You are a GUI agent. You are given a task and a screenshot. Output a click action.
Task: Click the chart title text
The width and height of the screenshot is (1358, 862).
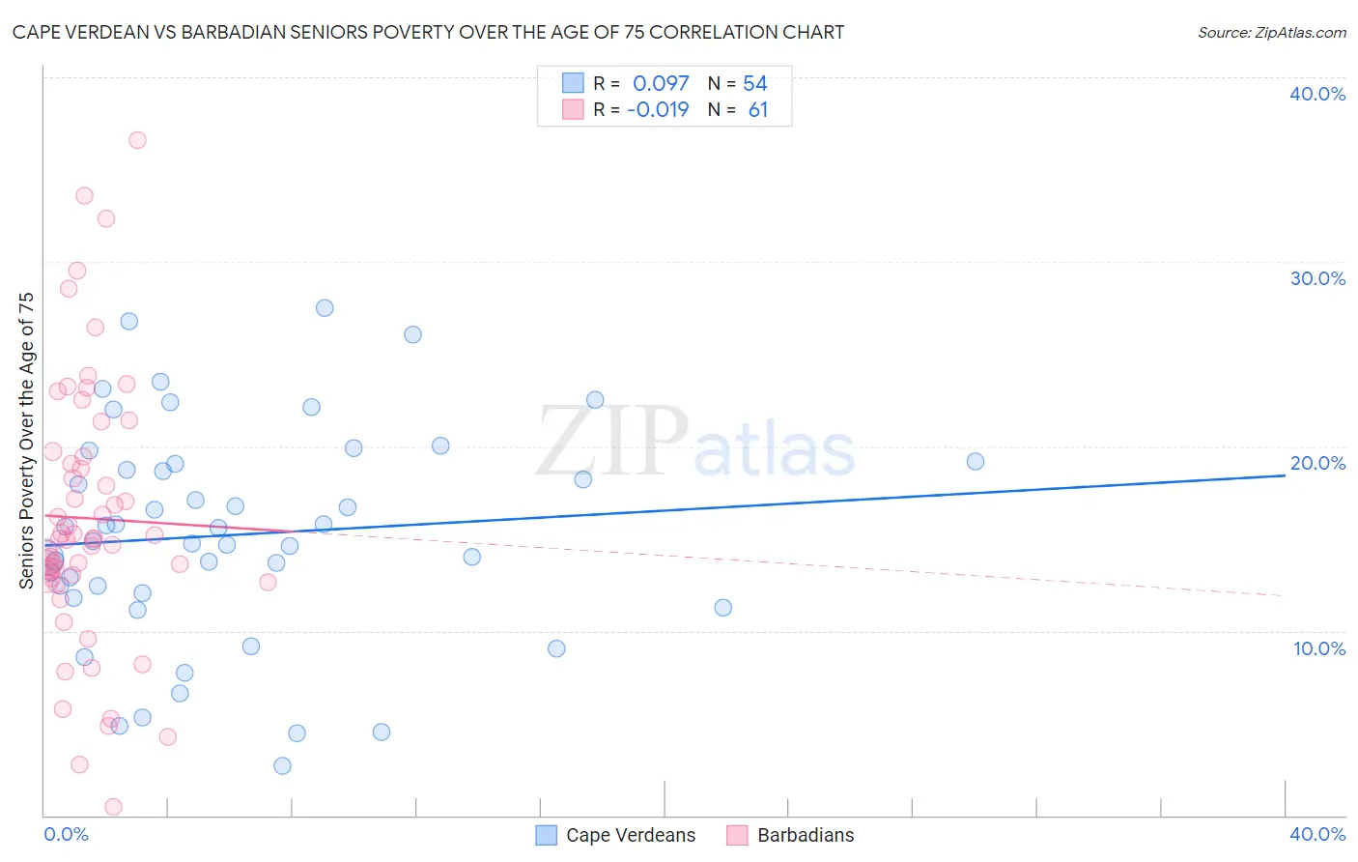pos(428,33)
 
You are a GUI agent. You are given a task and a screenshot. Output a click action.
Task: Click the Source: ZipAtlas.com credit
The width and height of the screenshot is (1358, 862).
pos(1271,33)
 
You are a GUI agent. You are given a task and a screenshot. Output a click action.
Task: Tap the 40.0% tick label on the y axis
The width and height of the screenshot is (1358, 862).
pos(1316,94)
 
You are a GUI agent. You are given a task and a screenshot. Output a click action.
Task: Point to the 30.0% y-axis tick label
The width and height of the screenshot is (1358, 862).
pos(1316,278)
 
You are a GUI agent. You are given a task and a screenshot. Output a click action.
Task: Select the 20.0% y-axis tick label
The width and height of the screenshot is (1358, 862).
pos(1316,463)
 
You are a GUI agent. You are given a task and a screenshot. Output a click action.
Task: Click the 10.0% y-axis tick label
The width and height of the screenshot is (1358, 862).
pos(1318,648)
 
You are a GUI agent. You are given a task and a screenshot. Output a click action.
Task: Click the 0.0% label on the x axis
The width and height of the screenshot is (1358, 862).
pos(66,834)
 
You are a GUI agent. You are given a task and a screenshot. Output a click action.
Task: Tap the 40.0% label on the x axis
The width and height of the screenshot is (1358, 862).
pos(1316,834)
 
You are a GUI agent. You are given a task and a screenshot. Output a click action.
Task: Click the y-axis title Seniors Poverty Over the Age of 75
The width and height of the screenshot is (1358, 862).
pos(27,440)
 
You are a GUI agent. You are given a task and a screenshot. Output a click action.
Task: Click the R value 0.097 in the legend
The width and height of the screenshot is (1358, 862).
pos(661,84)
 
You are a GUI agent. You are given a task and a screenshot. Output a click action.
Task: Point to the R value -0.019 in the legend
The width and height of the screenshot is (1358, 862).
pos(658,109)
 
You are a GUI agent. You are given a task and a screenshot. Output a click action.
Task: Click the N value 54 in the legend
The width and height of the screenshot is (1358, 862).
pos(755,84)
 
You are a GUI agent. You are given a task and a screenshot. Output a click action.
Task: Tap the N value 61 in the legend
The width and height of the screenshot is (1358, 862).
pos(758,109)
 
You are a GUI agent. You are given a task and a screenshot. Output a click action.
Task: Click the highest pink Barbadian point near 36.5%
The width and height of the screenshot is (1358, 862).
pos(137,140)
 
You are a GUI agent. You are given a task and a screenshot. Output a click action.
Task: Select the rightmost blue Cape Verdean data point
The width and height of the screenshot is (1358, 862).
pos(976,462)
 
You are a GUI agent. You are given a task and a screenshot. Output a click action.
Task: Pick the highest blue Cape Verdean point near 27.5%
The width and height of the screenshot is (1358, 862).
pos(325,308)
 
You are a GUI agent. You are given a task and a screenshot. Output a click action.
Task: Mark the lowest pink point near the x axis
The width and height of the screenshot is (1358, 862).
pos(113,807)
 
